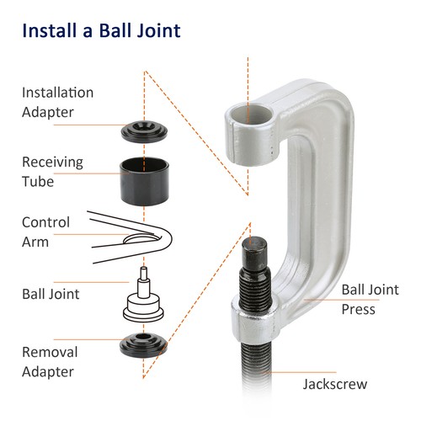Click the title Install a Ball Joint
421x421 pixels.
click(x=101, y=32)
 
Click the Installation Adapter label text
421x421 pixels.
click(x=57, y=101)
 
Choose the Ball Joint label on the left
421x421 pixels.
click(x=51, y=295)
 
